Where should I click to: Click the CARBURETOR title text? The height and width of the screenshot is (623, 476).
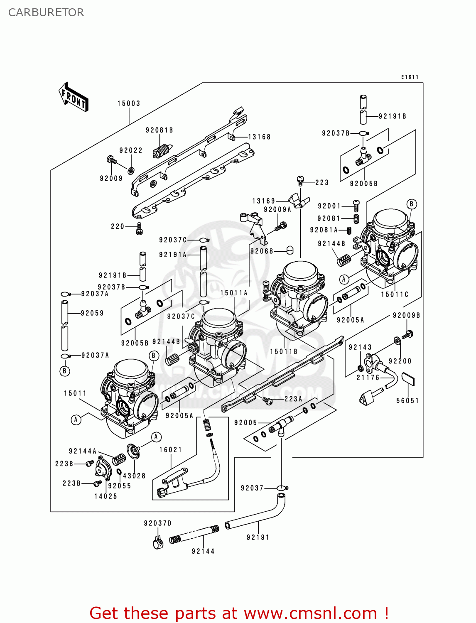click(x=46, y=12)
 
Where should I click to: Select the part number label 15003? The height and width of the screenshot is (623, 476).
click(x=129, y=103)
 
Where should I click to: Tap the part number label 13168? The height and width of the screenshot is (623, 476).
click(x=259, y=137)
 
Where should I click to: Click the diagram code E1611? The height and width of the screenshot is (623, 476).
click(x=410, y=77)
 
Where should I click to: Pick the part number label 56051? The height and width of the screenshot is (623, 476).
click(x=407, y=401)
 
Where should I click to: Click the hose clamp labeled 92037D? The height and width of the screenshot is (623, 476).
click(x=157, y=543)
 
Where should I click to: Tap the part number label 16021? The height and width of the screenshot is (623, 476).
click(x=171, y=450)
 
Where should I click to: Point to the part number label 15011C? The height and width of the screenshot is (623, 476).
click(x=395, y=294)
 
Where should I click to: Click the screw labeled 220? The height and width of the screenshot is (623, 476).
click(x=139, y=228)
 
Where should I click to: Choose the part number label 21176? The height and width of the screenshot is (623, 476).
click(x=368, y=378)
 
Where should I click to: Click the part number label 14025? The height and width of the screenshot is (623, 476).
click(x=106, y=496)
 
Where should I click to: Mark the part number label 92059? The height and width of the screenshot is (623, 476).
click(x=92, y=313)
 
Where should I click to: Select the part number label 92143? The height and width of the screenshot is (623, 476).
click(x=360, y=347)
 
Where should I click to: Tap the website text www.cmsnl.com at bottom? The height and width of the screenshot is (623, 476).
click(x=310, y=613)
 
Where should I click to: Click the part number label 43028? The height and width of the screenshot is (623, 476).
click(x=134, y=476)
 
